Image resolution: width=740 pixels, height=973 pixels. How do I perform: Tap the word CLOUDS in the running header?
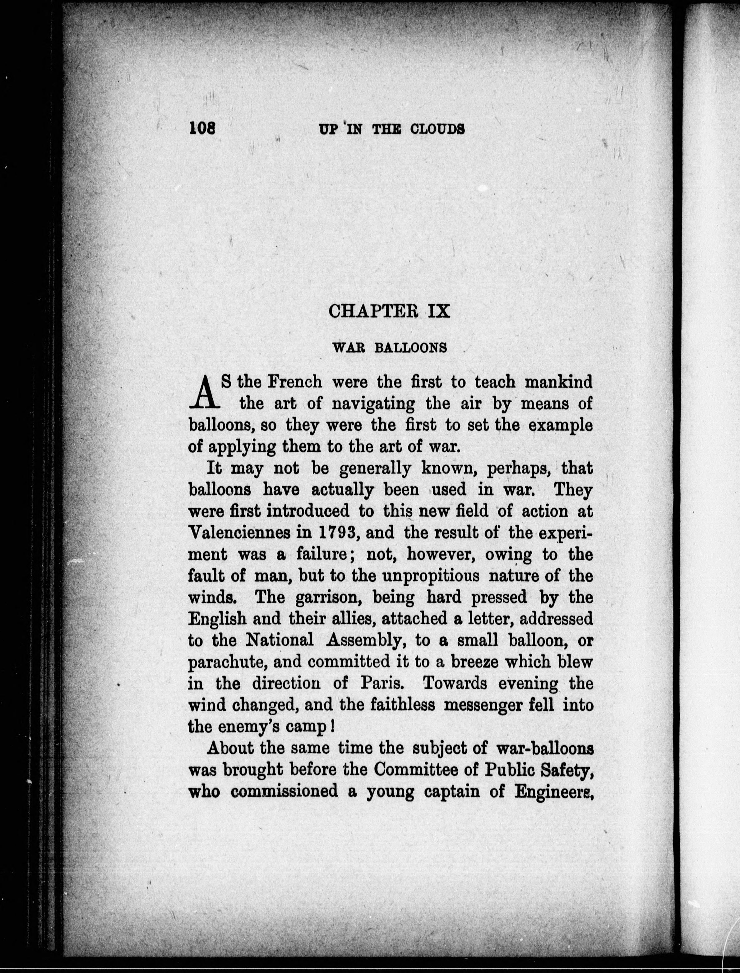click(437, 129)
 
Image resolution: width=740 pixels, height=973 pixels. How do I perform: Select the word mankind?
click(558, 382)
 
